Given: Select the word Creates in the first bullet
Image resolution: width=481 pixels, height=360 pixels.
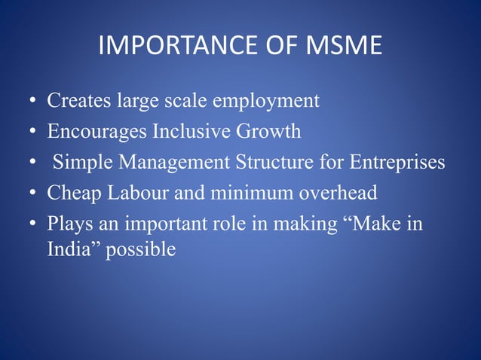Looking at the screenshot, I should pos(77,100).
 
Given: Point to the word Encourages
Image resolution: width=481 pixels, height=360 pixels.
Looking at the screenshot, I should pos(97,132).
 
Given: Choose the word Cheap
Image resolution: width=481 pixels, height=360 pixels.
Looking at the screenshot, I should pos(71,194).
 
